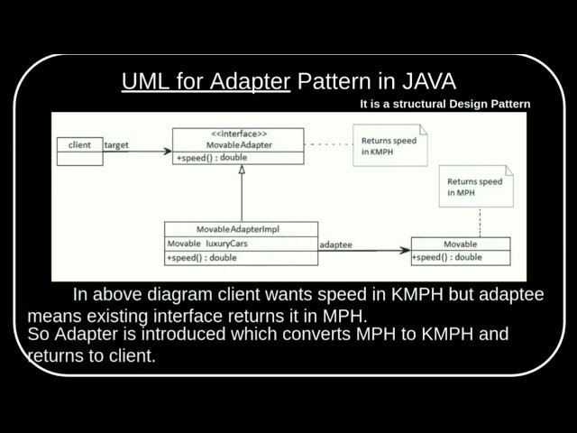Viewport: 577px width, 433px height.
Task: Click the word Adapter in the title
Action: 252,82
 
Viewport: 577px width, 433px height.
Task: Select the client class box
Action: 79,151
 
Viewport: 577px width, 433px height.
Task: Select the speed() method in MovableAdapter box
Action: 212,158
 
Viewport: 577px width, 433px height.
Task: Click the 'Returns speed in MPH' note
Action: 474,187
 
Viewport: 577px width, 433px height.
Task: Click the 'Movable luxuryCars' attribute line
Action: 208,244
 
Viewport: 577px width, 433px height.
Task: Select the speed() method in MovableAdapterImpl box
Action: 202,258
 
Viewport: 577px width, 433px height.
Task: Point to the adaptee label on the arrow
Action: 336,244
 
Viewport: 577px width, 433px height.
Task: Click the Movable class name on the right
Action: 460,244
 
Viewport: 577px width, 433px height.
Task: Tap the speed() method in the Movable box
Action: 447,257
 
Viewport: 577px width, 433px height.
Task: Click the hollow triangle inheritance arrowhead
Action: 242,170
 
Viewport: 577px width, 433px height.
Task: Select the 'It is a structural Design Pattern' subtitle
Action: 444,104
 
